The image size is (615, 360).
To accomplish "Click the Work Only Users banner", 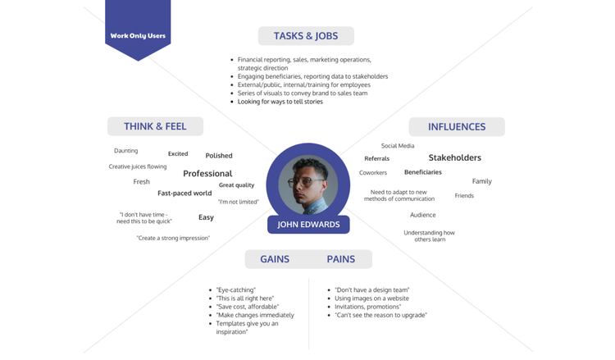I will (138, 35).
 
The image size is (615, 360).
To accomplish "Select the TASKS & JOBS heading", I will (306, 36).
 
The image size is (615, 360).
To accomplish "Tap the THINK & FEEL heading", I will (155, 126).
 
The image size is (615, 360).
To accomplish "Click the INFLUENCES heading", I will (457, 127).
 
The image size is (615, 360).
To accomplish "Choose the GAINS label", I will (275, 259).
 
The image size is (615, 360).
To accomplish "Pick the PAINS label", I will (341, 259).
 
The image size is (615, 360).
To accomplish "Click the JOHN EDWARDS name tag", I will (308, 224).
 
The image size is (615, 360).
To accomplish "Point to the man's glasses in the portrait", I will (308, 181).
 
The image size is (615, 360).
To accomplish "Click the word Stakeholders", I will (454, 157).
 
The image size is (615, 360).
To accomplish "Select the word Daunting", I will (126, 151).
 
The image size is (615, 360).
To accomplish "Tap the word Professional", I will (207, 174).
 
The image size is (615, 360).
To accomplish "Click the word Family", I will (481, 181).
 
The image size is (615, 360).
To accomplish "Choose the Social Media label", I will (398, 146).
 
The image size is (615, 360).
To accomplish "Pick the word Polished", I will (219, 156).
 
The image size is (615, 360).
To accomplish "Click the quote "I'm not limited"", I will (238, 202).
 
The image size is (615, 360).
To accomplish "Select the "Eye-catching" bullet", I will (236, 289).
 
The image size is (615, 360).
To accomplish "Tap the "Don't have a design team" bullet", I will (371, 289).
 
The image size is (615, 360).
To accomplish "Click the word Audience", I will (423, 215).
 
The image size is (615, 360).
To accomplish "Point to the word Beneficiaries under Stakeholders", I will (423, 172).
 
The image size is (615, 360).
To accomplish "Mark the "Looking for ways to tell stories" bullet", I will (280, 102).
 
